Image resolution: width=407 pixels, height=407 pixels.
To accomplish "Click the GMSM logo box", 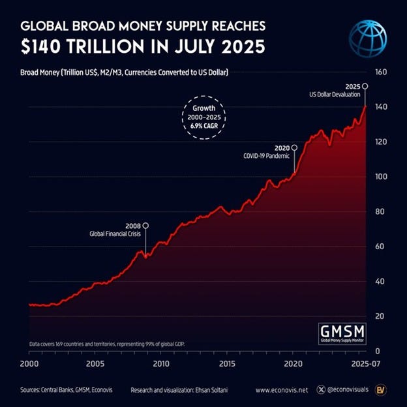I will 342,332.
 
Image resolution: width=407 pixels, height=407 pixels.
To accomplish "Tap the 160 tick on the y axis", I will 381,72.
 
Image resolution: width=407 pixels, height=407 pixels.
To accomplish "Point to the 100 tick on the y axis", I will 381,177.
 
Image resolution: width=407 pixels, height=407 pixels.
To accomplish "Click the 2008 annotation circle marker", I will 145,226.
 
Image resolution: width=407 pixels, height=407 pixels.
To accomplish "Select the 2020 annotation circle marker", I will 295,147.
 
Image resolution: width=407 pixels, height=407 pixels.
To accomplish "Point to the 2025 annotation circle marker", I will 365,86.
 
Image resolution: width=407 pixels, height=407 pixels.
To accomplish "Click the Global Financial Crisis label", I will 115,234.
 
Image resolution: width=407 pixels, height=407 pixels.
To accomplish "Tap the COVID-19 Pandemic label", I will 267,156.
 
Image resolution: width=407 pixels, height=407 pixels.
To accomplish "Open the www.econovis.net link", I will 282,390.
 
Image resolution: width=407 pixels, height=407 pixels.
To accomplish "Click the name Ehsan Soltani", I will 212,390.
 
